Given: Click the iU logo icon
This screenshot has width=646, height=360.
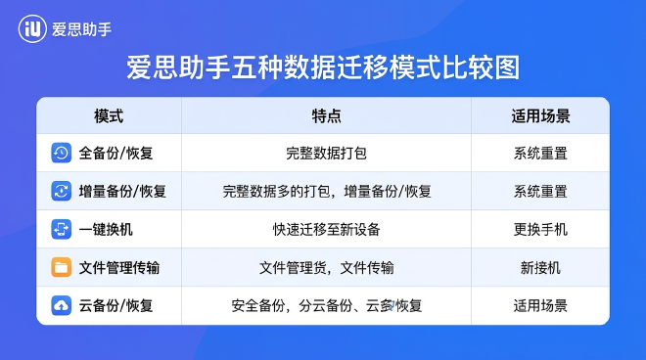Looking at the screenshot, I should [32, 28].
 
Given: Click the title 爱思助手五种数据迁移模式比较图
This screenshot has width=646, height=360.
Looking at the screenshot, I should [323, 67].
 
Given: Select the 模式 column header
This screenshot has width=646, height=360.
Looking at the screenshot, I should [108, 115].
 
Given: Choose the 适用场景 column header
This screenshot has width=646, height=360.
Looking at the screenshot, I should [540, 115].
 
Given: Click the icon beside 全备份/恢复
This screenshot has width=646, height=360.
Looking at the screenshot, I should [61, 153].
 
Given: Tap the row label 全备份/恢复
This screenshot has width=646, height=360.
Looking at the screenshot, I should [115, 154].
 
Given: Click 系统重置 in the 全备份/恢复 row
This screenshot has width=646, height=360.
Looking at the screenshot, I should [540, 154].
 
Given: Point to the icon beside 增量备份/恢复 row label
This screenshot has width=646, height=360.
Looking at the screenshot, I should [61, 191].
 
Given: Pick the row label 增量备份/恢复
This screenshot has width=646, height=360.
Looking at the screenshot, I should [122, 192].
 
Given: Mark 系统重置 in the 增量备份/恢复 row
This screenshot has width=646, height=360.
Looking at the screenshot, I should [540, 192].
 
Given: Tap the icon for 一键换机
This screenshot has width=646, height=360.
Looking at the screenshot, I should [61, 229].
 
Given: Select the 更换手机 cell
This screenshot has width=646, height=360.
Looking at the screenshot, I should [540, 230].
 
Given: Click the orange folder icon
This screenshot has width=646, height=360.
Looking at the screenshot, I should [61, 267].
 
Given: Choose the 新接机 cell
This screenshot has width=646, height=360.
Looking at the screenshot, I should [540, 268].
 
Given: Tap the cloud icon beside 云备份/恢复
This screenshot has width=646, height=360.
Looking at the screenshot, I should [61, 305].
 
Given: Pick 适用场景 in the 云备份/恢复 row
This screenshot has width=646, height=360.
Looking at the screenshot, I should [540, 306].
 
